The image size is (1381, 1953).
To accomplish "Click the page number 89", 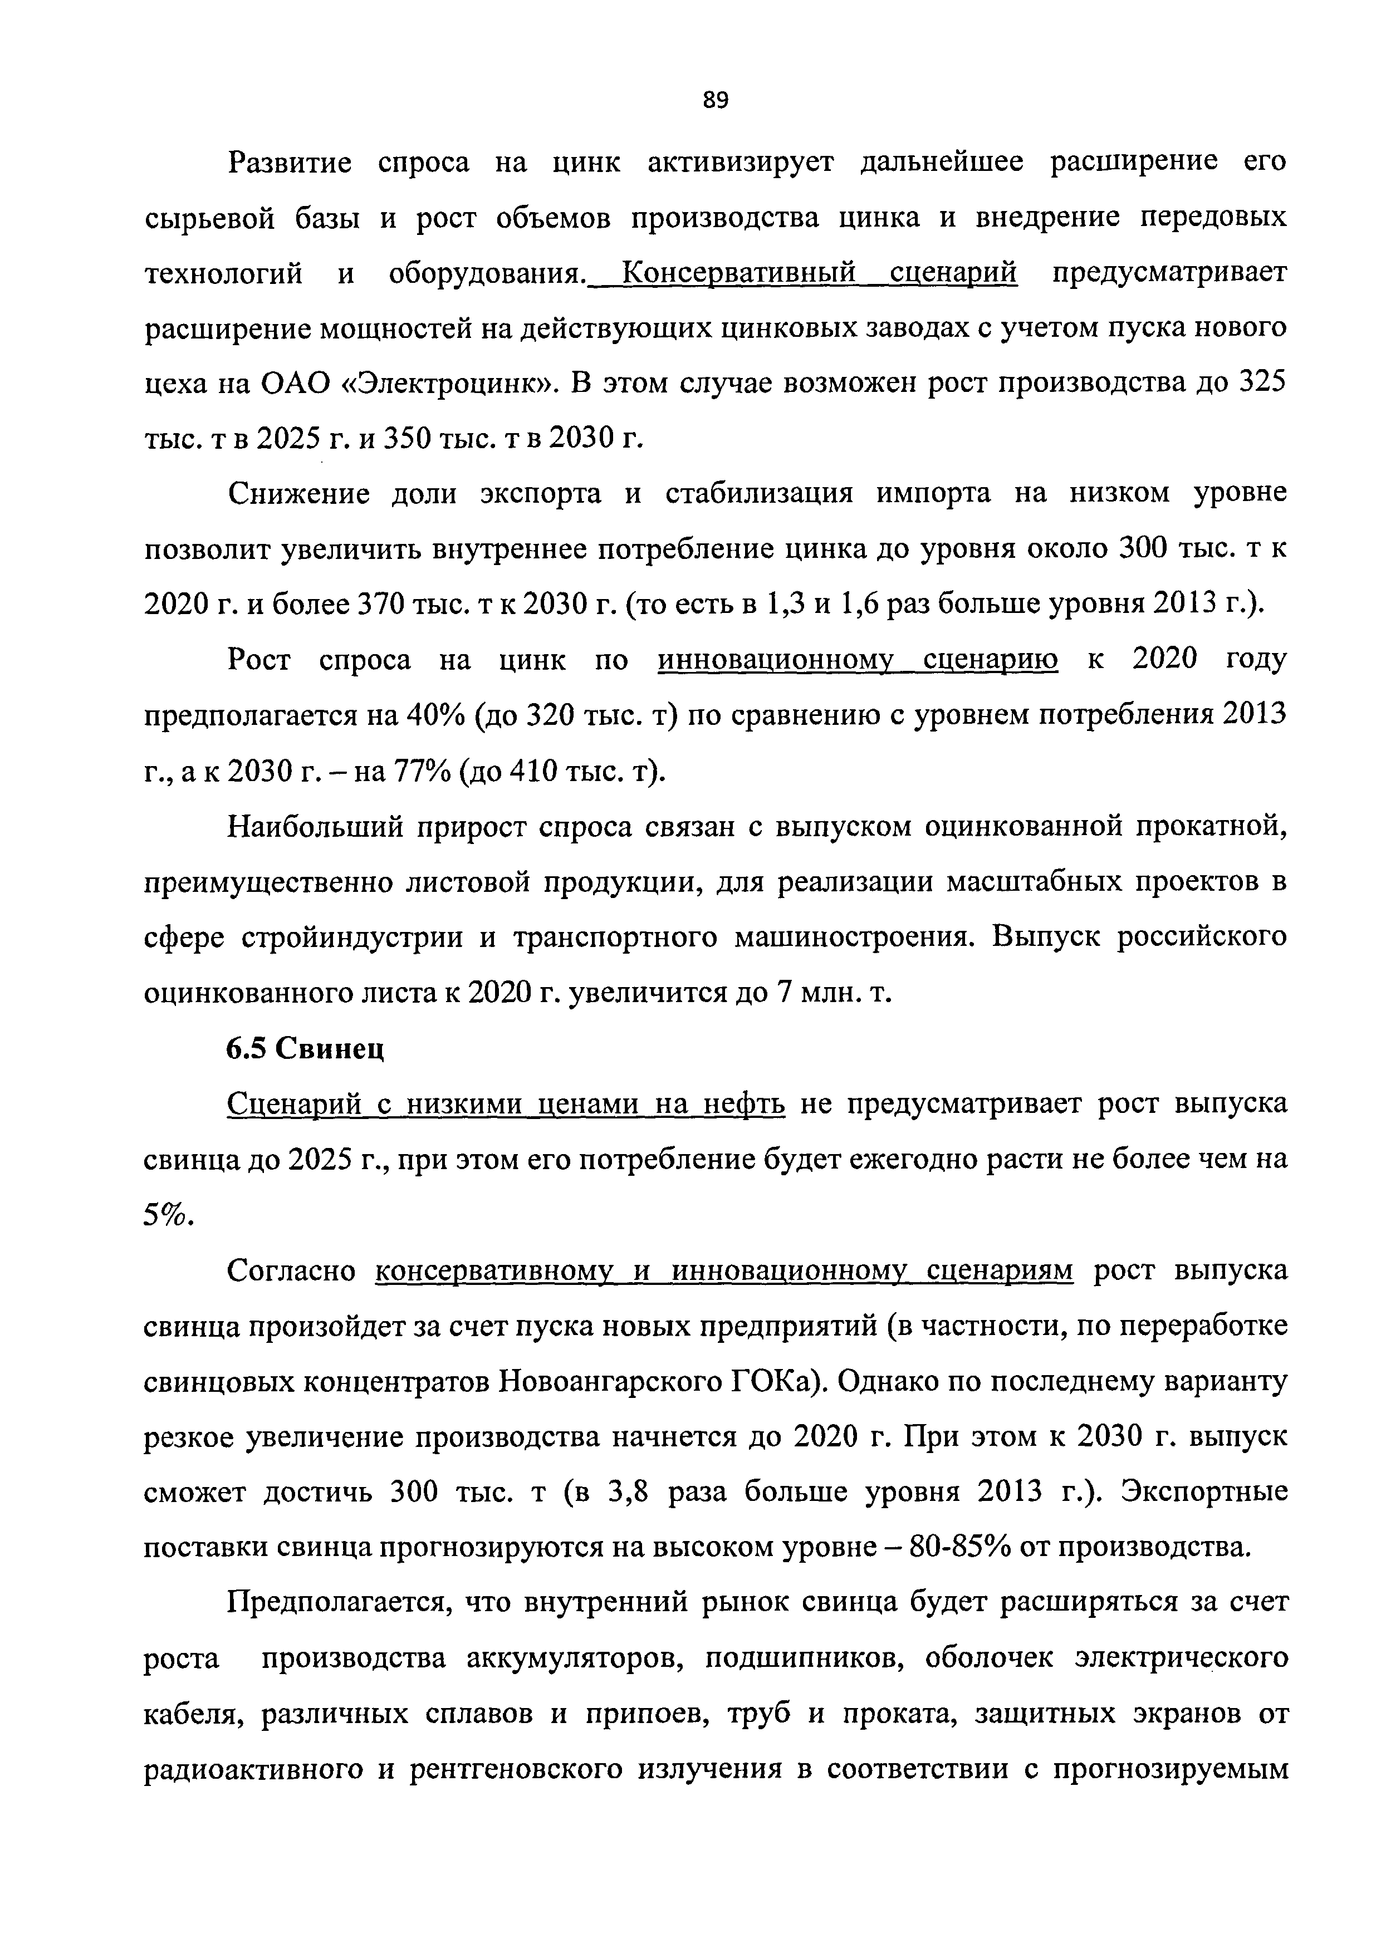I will [x=716, y=100].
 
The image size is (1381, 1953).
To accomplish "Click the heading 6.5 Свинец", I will [x=306, y=1049].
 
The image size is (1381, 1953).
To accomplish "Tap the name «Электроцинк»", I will [x=446, y=385].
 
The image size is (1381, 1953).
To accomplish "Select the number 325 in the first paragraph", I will [x=1261, y=385].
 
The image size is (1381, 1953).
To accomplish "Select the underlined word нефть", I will [x=746, y=1104].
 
